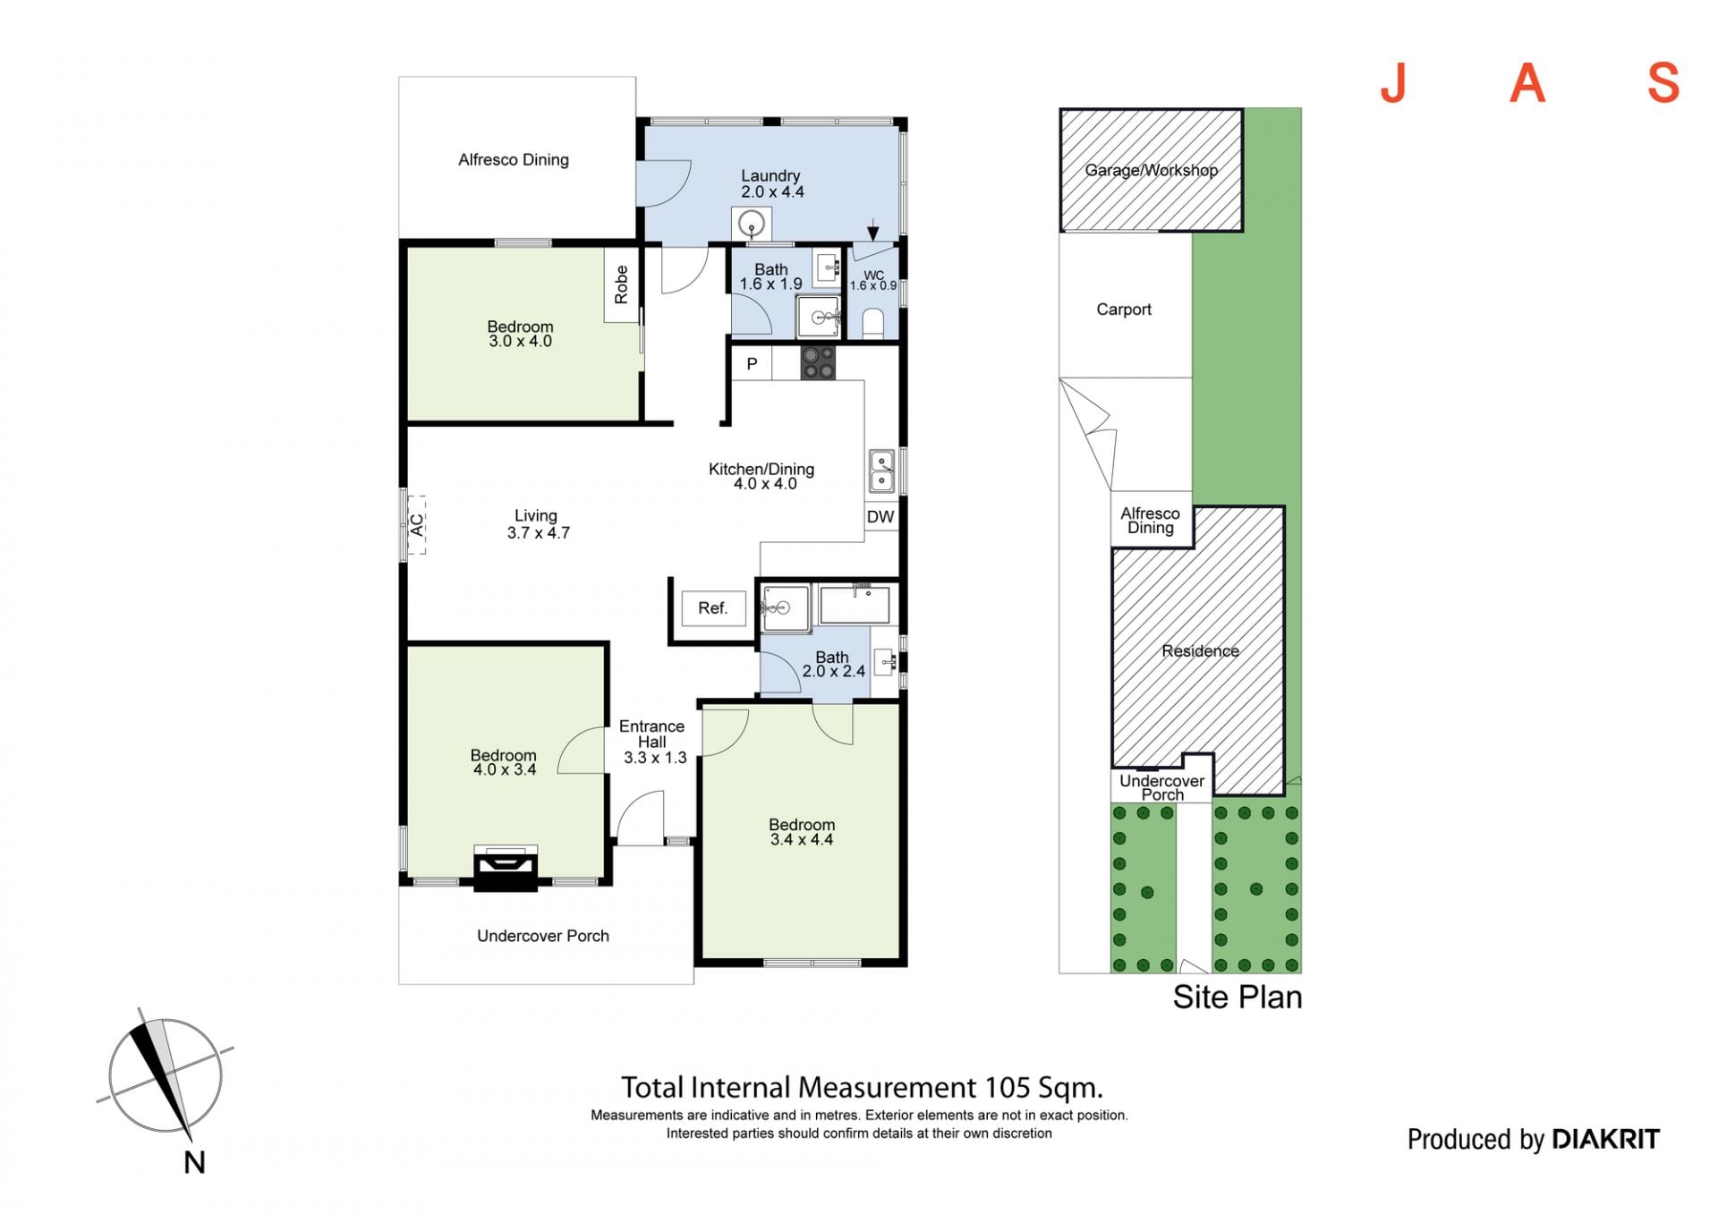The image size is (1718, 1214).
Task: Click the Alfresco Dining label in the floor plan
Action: coord(514,160)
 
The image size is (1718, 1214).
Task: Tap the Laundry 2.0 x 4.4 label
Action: coord(771,183)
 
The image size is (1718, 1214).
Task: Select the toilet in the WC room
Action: coord(872,323)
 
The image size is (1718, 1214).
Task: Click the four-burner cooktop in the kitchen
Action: coord(818,362)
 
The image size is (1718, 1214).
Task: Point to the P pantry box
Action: coord(752,363)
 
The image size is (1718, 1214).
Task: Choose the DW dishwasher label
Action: coord(880,517)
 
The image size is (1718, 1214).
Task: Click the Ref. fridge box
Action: coord(713,608)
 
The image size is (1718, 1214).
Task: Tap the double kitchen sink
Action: coord(882,471)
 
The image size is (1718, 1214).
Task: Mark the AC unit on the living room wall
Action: coord(416,525)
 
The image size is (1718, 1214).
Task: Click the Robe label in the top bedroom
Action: coord(621,284)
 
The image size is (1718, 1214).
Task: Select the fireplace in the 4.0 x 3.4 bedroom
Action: coord(506,868)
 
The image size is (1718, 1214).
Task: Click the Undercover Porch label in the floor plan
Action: coord(543,936)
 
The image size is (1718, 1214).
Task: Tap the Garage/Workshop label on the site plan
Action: coord(1152,170)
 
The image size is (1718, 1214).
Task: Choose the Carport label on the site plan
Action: coord(1124,310)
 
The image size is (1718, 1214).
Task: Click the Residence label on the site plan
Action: coord(1200,651)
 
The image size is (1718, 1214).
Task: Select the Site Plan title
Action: coord(1237,997)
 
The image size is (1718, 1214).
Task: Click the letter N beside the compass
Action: coord(194,1162)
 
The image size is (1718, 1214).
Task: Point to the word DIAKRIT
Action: coord(1605,1139)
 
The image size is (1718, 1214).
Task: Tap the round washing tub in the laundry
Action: coord(752,223)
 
